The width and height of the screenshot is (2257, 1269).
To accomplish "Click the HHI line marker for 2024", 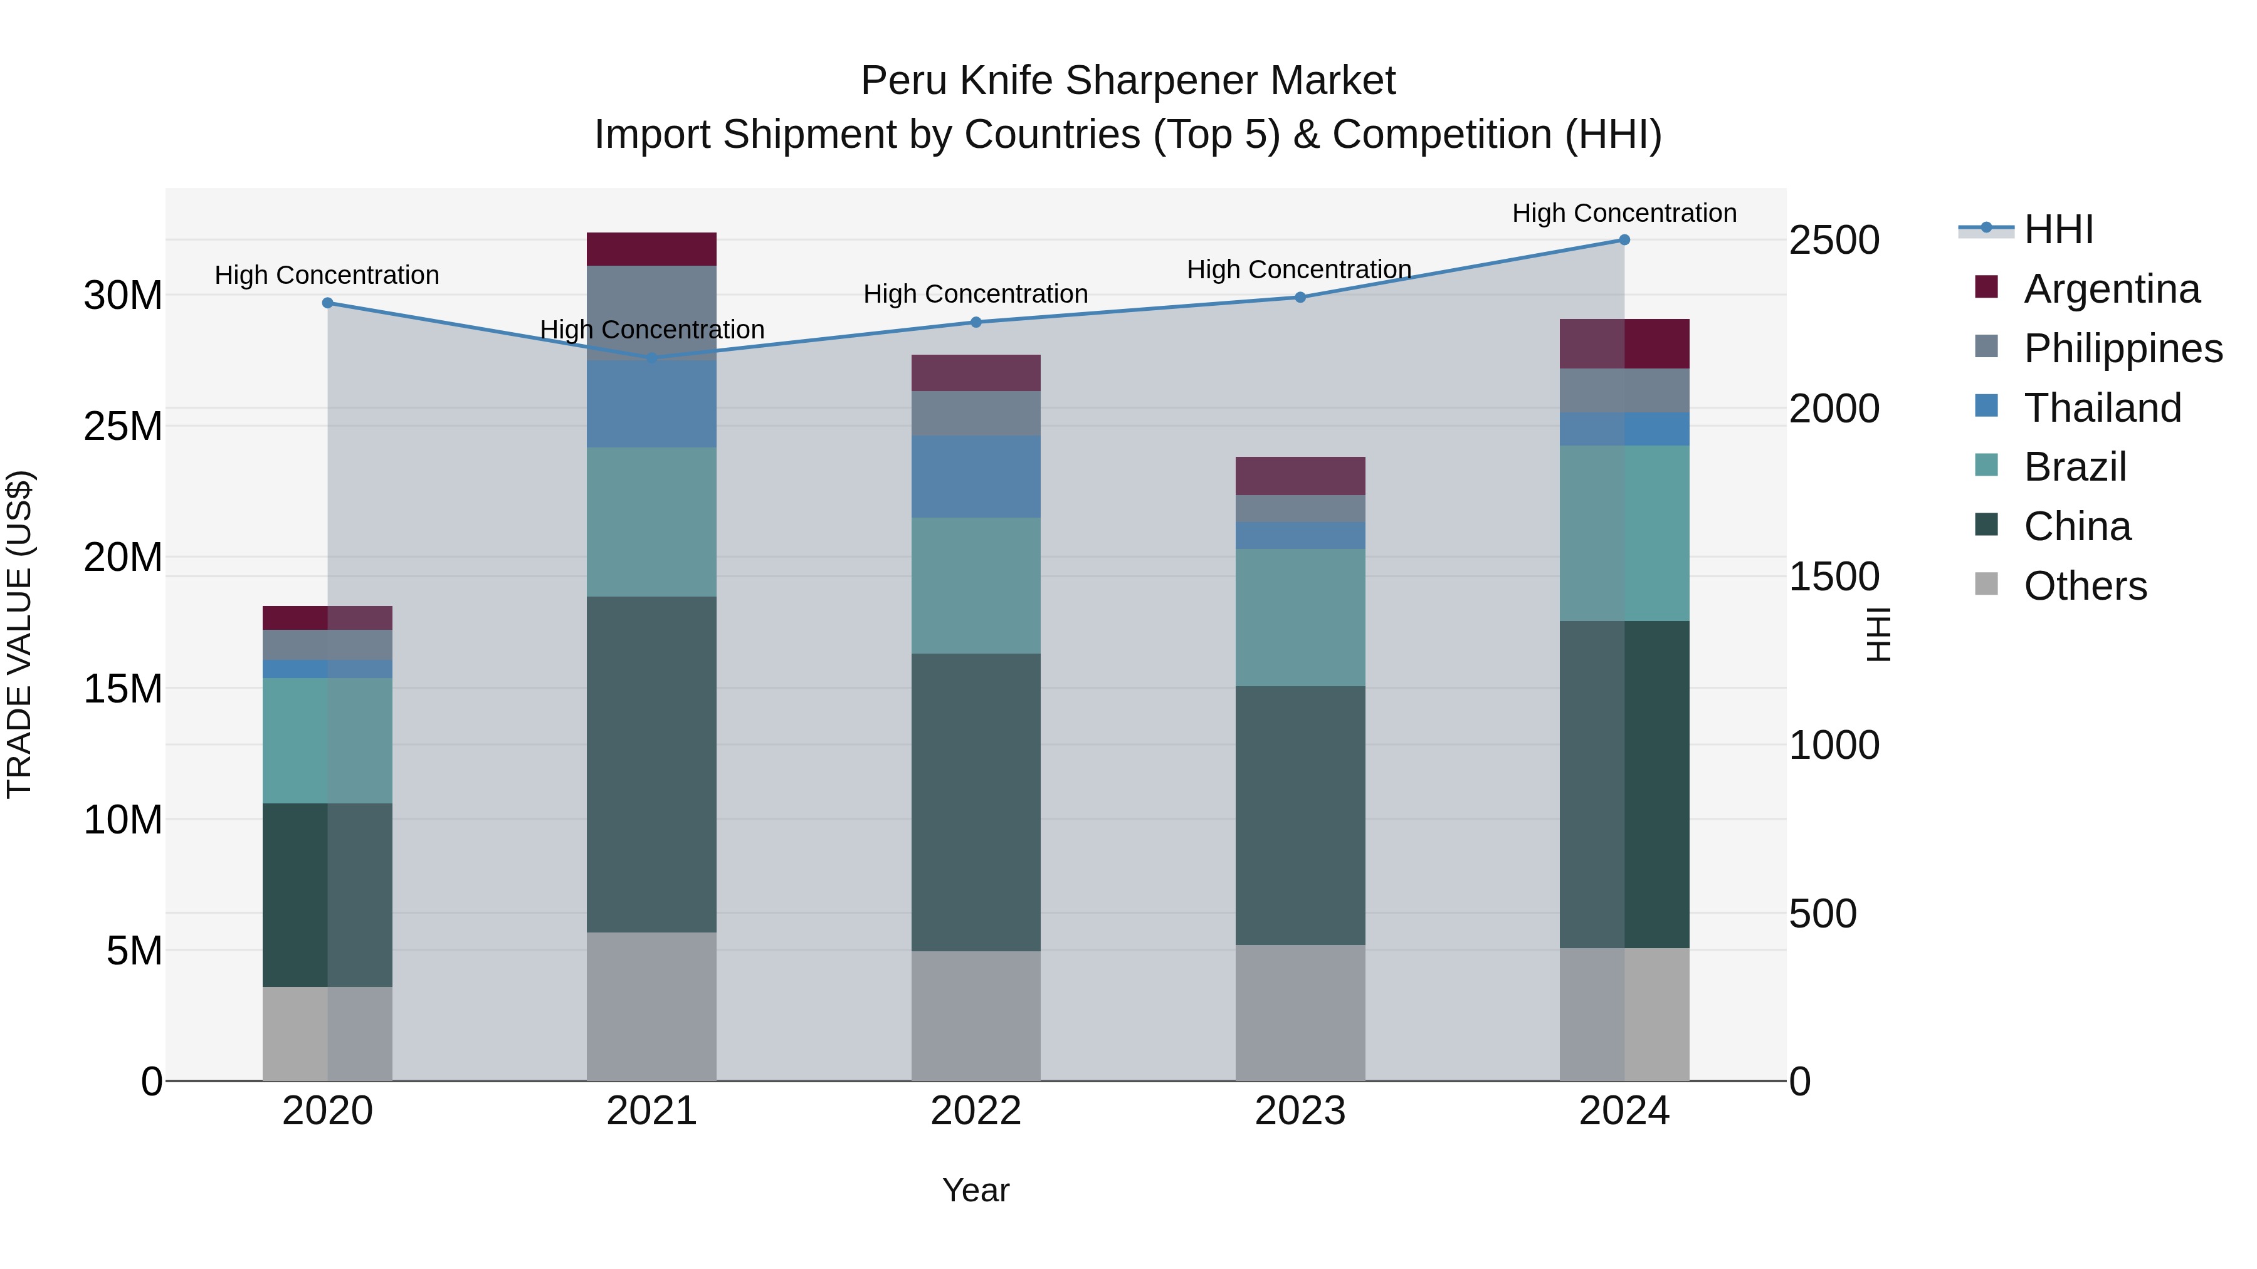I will pos(1624,240).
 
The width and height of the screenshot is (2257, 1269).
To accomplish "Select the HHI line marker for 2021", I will pos(652,358).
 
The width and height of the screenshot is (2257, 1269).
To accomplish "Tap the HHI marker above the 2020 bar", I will pos(328,303).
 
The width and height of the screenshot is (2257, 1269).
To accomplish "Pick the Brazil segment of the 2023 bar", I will pos(1300,617).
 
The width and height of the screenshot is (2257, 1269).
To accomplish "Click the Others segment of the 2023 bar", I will pos(1300,1013).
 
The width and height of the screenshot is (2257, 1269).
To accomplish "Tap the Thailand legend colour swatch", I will pos(1986,406).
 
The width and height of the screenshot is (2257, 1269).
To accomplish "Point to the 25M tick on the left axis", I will pos(123,427).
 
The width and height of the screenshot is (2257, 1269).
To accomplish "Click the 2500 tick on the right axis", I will pos(1834,240).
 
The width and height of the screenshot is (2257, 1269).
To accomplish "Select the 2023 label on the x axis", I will pos(1300,1111).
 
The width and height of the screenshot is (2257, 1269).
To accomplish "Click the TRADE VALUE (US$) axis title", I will pos(19,634).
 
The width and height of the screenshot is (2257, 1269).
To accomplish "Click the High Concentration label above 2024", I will pos(1624,213).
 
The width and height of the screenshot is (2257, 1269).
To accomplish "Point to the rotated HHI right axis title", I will pos(1878,634).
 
